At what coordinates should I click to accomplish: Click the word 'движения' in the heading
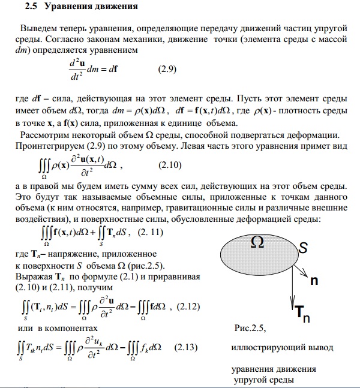coord(116,8)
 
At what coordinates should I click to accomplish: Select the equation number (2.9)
coord(166,69)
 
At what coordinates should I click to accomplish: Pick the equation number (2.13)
coord(187,348)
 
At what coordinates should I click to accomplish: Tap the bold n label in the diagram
coord(314,281)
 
